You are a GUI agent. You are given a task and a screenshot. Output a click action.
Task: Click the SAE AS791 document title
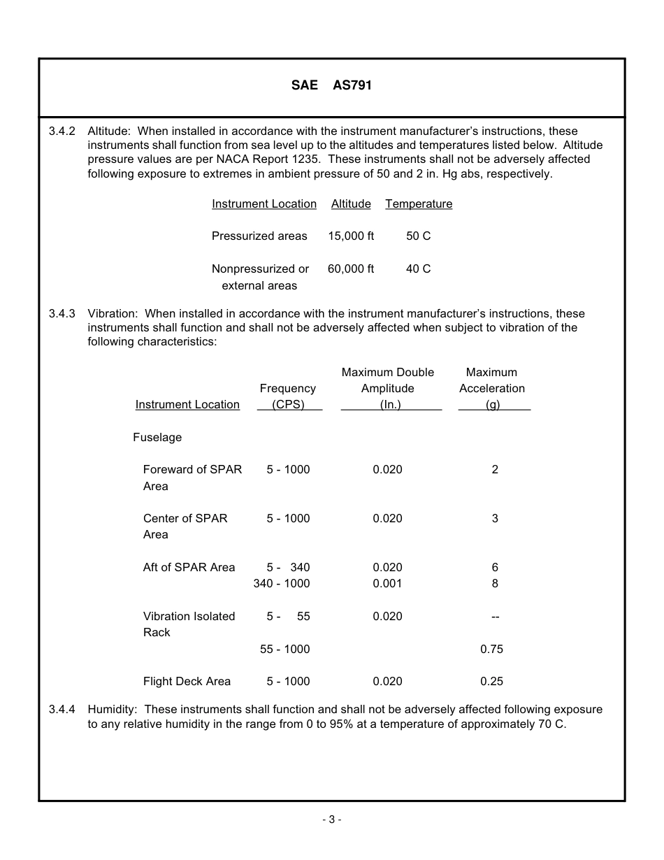tap(331, 85)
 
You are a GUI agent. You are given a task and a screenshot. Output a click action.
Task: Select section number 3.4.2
tap(62, 131)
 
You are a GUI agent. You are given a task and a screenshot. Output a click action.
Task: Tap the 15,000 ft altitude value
tap(351, 236)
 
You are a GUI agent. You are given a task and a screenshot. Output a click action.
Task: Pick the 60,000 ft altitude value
tap(351, 268)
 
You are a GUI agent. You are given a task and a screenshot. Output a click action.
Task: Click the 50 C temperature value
tap(418, 236)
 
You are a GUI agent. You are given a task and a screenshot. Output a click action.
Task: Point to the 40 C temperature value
tap(418, 268)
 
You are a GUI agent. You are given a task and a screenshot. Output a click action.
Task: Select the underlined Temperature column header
tap(419, 204)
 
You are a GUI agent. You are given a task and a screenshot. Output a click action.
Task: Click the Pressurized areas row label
tap(259, 236)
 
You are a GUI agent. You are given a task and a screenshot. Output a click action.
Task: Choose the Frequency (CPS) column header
tap(288, 396)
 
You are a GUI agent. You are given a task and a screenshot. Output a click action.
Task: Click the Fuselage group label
tap(157, 438)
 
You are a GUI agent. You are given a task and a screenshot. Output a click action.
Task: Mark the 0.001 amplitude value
tap(387, 584)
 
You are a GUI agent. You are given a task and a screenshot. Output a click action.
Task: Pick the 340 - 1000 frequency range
tap(282, 584)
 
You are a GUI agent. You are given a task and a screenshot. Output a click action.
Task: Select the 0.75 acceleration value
tap(491, 649)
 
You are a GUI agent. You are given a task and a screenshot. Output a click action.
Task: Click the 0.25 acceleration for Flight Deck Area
tap(491, 682)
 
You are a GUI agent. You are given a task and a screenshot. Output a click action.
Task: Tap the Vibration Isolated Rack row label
tap(189, 624)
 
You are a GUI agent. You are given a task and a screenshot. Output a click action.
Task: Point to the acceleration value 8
tap(495, 584)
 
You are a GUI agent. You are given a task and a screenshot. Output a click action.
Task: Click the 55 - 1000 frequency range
tap(284, 649)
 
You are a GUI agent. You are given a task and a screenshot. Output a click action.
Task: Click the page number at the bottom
tap(332, 819)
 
